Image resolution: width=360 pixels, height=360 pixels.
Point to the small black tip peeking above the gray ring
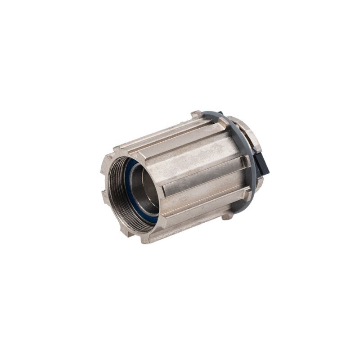point(220,113)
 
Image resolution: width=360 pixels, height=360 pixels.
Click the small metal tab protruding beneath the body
point(227,216)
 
